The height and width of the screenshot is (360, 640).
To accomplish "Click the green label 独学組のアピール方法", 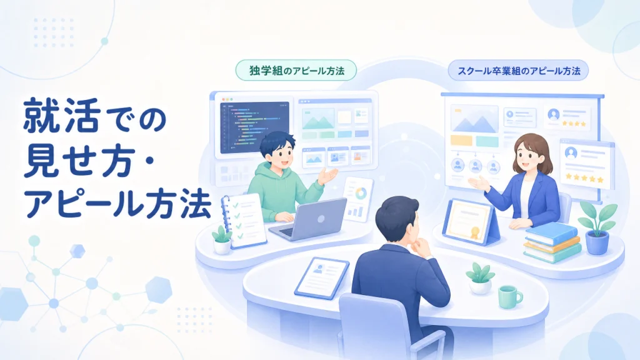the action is coord(296,70).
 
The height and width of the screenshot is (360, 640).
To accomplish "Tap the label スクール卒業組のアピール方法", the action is coord(518,71).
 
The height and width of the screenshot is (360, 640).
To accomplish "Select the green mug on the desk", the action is coord(509,296).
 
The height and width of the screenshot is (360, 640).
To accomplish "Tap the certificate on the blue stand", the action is coord(469,221).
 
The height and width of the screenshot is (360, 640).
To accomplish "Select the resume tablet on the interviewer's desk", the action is coord(322,277).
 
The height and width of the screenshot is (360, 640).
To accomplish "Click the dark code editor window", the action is coord(254,127).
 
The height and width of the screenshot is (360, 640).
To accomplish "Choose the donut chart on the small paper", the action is coord(360,193).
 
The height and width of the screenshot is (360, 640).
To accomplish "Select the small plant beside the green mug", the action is coord(480,278).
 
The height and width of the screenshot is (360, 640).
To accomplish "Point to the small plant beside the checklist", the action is coord(222,241).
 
